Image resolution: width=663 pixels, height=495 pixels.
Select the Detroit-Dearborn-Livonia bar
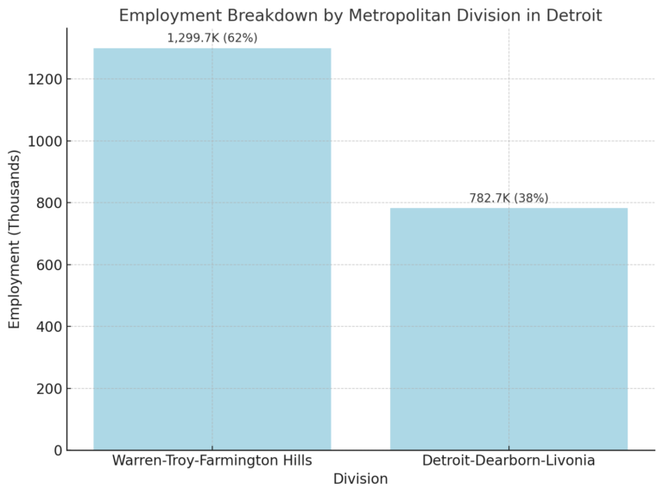point(508,329)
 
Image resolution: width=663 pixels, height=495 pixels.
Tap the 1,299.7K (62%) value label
point(212,38)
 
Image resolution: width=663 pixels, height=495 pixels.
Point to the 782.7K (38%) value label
point(508,198)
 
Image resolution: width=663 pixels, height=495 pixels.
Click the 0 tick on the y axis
point(57,450)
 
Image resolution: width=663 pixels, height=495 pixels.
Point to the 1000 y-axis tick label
point(45,141)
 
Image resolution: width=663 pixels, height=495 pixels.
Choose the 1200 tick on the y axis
point(45,79)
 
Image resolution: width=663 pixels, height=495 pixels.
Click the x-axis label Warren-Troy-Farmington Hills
point(212,461)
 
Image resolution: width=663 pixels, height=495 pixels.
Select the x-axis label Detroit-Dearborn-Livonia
point(508,461)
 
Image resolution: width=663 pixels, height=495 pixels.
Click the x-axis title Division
point(360,479)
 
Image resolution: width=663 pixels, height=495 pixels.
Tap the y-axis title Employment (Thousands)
point(15,239)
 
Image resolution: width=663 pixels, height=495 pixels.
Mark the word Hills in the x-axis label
point(294,461)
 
